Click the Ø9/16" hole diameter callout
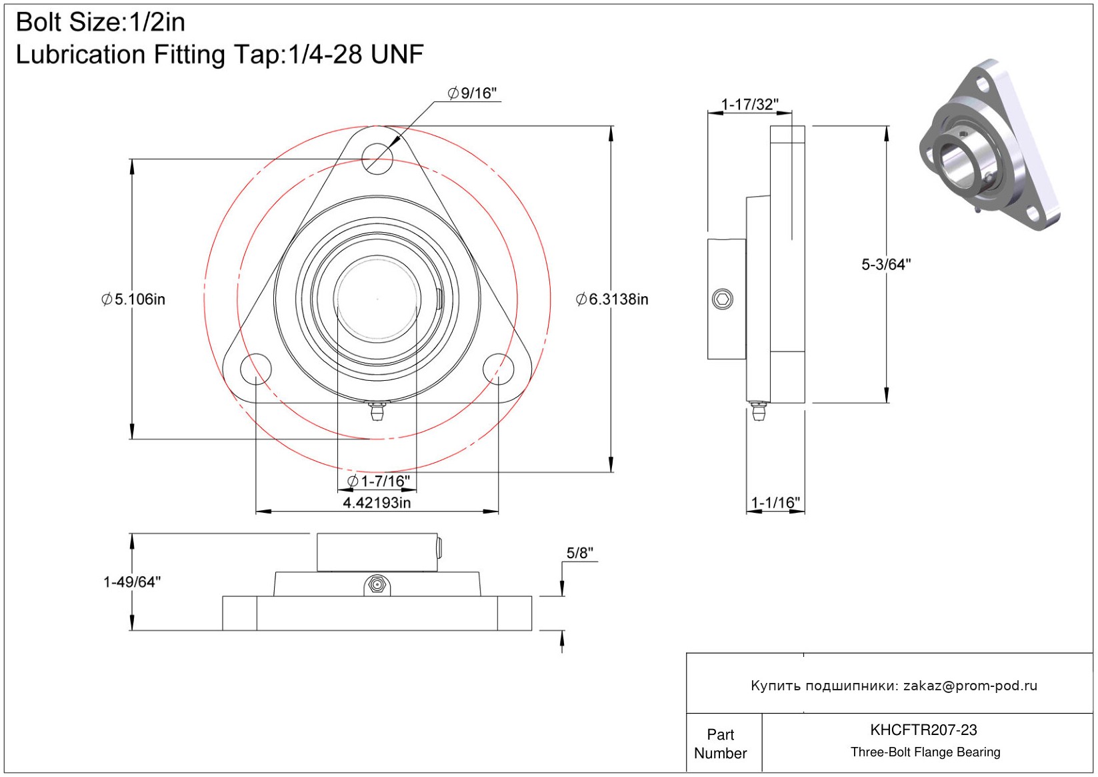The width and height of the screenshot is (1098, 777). (473, 93)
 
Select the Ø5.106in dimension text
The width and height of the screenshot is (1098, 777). (133, 299)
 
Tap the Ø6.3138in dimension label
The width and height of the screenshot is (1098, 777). (612, 299)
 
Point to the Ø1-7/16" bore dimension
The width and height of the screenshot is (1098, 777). (379, 481)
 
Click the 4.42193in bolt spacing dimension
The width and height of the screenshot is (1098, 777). (377, 502)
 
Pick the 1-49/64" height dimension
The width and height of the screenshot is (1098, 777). (132, 582)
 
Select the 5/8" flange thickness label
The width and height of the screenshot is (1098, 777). (579, 553)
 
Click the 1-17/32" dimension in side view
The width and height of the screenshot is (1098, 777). (750, 104)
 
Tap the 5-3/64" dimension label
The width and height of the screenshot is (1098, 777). (886, 265)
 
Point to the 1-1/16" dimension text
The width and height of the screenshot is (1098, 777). (775, 502)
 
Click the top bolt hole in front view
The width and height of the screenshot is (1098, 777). (377, 159)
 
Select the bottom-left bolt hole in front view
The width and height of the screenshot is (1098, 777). (255, 369)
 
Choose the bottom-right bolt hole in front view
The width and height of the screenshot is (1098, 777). (499, 369)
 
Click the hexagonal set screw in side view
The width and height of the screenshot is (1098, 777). (723, 299)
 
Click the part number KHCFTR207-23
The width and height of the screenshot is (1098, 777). (923, 730)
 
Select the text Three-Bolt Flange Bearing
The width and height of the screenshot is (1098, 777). (925, 752)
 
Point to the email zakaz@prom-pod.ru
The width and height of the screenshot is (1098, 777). (970, 686)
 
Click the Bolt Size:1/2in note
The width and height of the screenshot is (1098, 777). (101, 22)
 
